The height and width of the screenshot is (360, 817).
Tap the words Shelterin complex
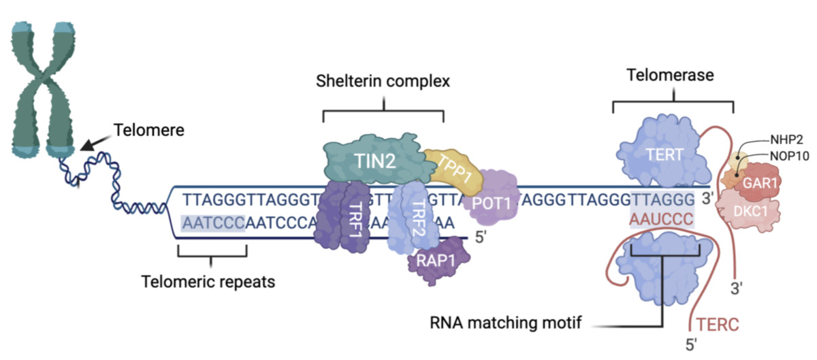click(x=383, y=82)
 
